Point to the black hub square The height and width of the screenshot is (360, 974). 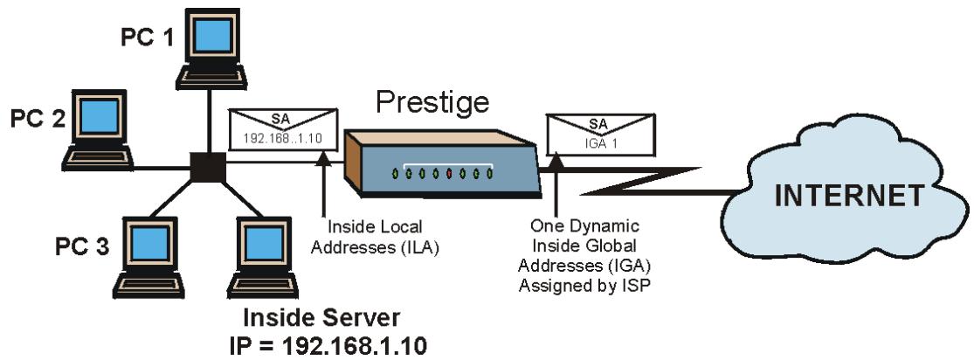[x=207, y=165]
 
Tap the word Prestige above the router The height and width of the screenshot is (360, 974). [x=434, y=105]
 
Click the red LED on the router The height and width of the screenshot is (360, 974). [x=448, y=170]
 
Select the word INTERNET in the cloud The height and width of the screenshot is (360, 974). [x=849, y=194]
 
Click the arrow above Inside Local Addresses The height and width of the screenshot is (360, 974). [x=324, y=184]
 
